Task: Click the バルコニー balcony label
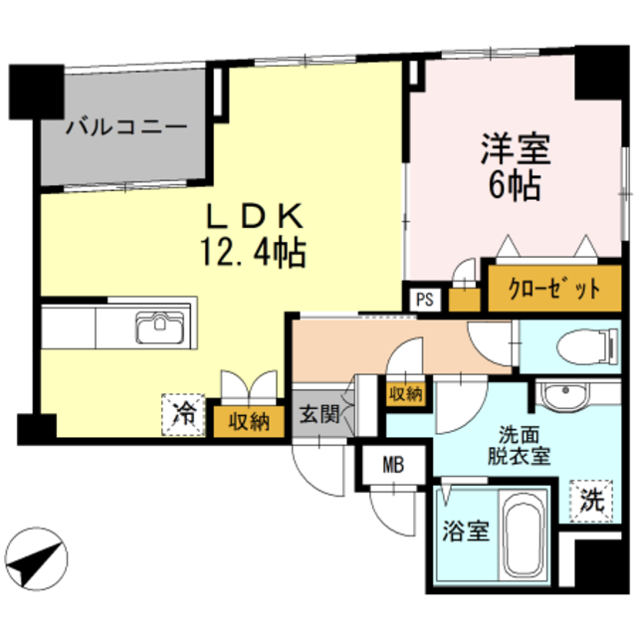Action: pyautogui.click(x=126, y=127)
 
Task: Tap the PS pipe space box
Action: pyautogui.click(x=425, y=299)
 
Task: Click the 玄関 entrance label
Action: pyautogui.click(x=317, y=412)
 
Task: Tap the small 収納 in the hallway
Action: pyautogui.click(x=406, y=394)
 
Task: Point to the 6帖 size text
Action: pyautogui.click(x=516, y=186)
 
